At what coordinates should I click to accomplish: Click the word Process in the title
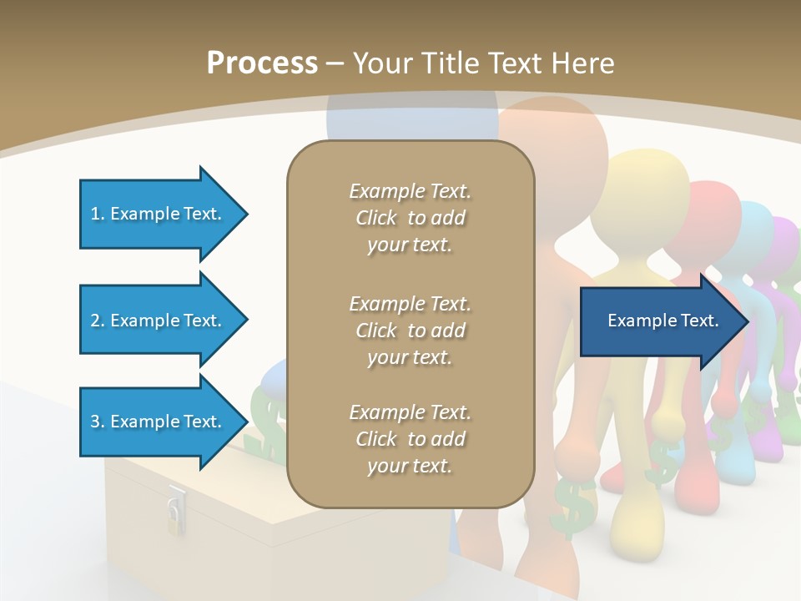262,63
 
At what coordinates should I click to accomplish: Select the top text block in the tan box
410,218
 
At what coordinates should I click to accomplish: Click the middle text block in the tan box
410,331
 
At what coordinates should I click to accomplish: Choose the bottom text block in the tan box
410,439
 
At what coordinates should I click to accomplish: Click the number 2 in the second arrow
95,321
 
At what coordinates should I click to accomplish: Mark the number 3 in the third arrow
95,422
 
